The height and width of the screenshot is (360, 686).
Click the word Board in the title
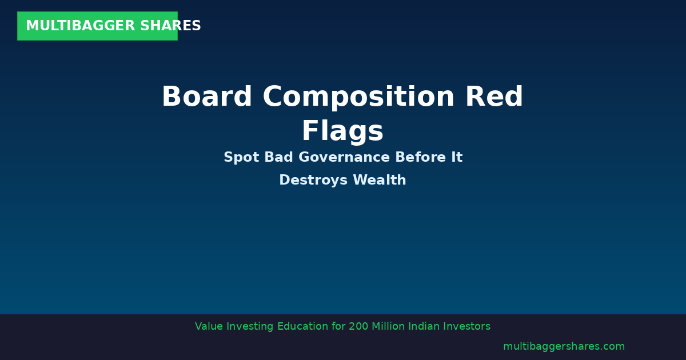click(206, 97)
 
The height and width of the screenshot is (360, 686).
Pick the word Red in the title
click(494, 97)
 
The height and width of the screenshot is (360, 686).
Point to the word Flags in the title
click(342, 131)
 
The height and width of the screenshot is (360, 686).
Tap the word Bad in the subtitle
click(278, 158)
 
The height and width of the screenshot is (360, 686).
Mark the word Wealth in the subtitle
click(380, 181)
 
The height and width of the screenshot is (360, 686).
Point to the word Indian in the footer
click(427, 327)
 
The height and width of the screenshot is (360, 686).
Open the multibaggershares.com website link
click(564, 347)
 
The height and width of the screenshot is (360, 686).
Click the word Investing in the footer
click(250, 327)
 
